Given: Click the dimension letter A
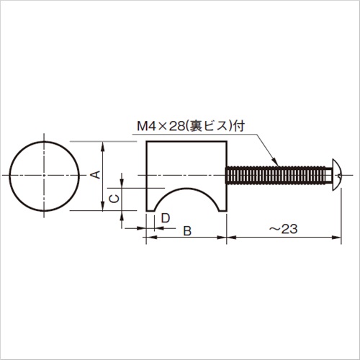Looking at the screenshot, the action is (96, 175).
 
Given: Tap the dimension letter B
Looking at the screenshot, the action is (187, 231).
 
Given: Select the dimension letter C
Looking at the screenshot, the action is (114, 199).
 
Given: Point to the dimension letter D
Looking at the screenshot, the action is (166, 218).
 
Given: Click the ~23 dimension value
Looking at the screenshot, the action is (283, 229).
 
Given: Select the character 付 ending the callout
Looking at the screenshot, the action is (239, 126).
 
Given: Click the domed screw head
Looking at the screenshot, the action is (337, 175).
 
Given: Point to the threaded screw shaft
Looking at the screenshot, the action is (276, 175).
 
